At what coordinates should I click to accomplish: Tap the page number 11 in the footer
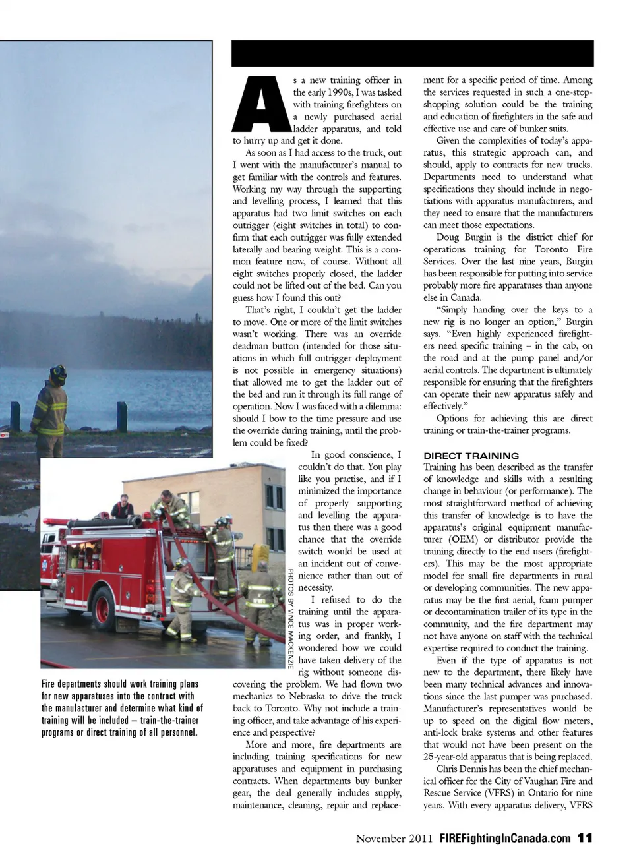(584, 838)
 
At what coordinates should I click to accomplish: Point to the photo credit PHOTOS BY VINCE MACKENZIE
(290, 618)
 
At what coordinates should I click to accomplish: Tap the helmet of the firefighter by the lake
(58, 375)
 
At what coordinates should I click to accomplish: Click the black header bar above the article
(412, 53)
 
